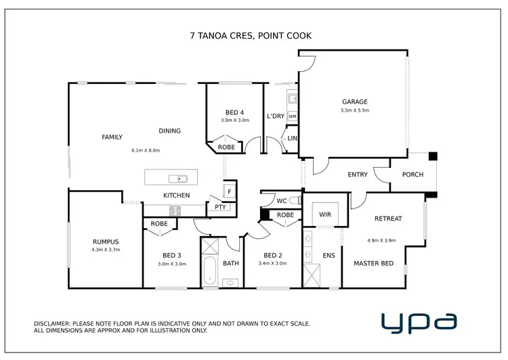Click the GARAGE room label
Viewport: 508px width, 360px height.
pos(355,102)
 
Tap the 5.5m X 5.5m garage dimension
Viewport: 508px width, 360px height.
pos(355,110)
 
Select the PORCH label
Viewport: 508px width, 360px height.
pos(412,175)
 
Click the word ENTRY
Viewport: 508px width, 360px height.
pos(358,175)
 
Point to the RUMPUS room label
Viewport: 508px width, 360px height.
pos(106,242)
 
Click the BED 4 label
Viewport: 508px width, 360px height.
pos(235,112)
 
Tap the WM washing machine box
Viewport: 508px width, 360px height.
pos(292,116)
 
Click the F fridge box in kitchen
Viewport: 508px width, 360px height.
pos(230,192)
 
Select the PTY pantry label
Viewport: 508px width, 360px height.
pos(220,207)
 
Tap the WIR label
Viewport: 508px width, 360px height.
pos(325,215)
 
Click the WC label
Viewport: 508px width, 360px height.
pos(282,201)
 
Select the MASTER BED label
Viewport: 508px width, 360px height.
pos(373,263)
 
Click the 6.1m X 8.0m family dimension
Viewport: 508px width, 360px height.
pos(146,150)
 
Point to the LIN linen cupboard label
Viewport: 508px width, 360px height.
pos(292,138)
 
